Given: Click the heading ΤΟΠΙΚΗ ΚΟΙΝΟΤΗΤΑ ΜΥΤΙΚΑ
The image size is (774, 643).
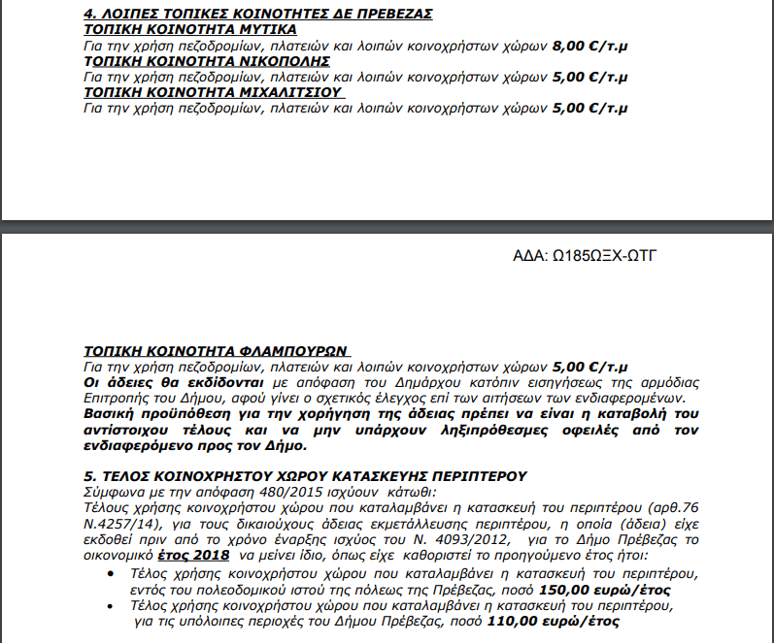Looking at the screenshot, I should coord(190,30).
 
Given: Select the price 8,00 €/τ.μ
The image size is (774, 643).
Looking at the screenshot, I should coord(589,46).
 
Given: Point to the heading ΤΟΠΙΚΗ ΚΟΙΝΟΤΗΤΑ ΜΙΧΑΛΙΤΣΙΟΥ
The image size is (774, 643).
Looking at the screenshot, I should coord(215,92).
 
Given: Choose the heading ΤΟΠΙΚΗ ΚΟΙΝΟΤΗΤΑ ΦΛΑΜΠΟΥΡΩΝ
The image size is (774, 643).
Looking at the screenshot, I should coord(215,351).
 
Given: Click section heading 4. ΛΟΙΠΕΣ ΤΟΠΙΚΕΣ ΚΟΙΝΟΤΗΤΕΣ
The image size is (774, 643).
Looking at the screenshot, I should coord(245,14).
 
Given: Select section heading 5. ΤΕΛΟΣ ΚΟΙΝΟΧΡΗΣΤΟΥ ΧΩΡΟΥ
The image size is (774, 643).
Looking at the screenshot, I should coord(305,476).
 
